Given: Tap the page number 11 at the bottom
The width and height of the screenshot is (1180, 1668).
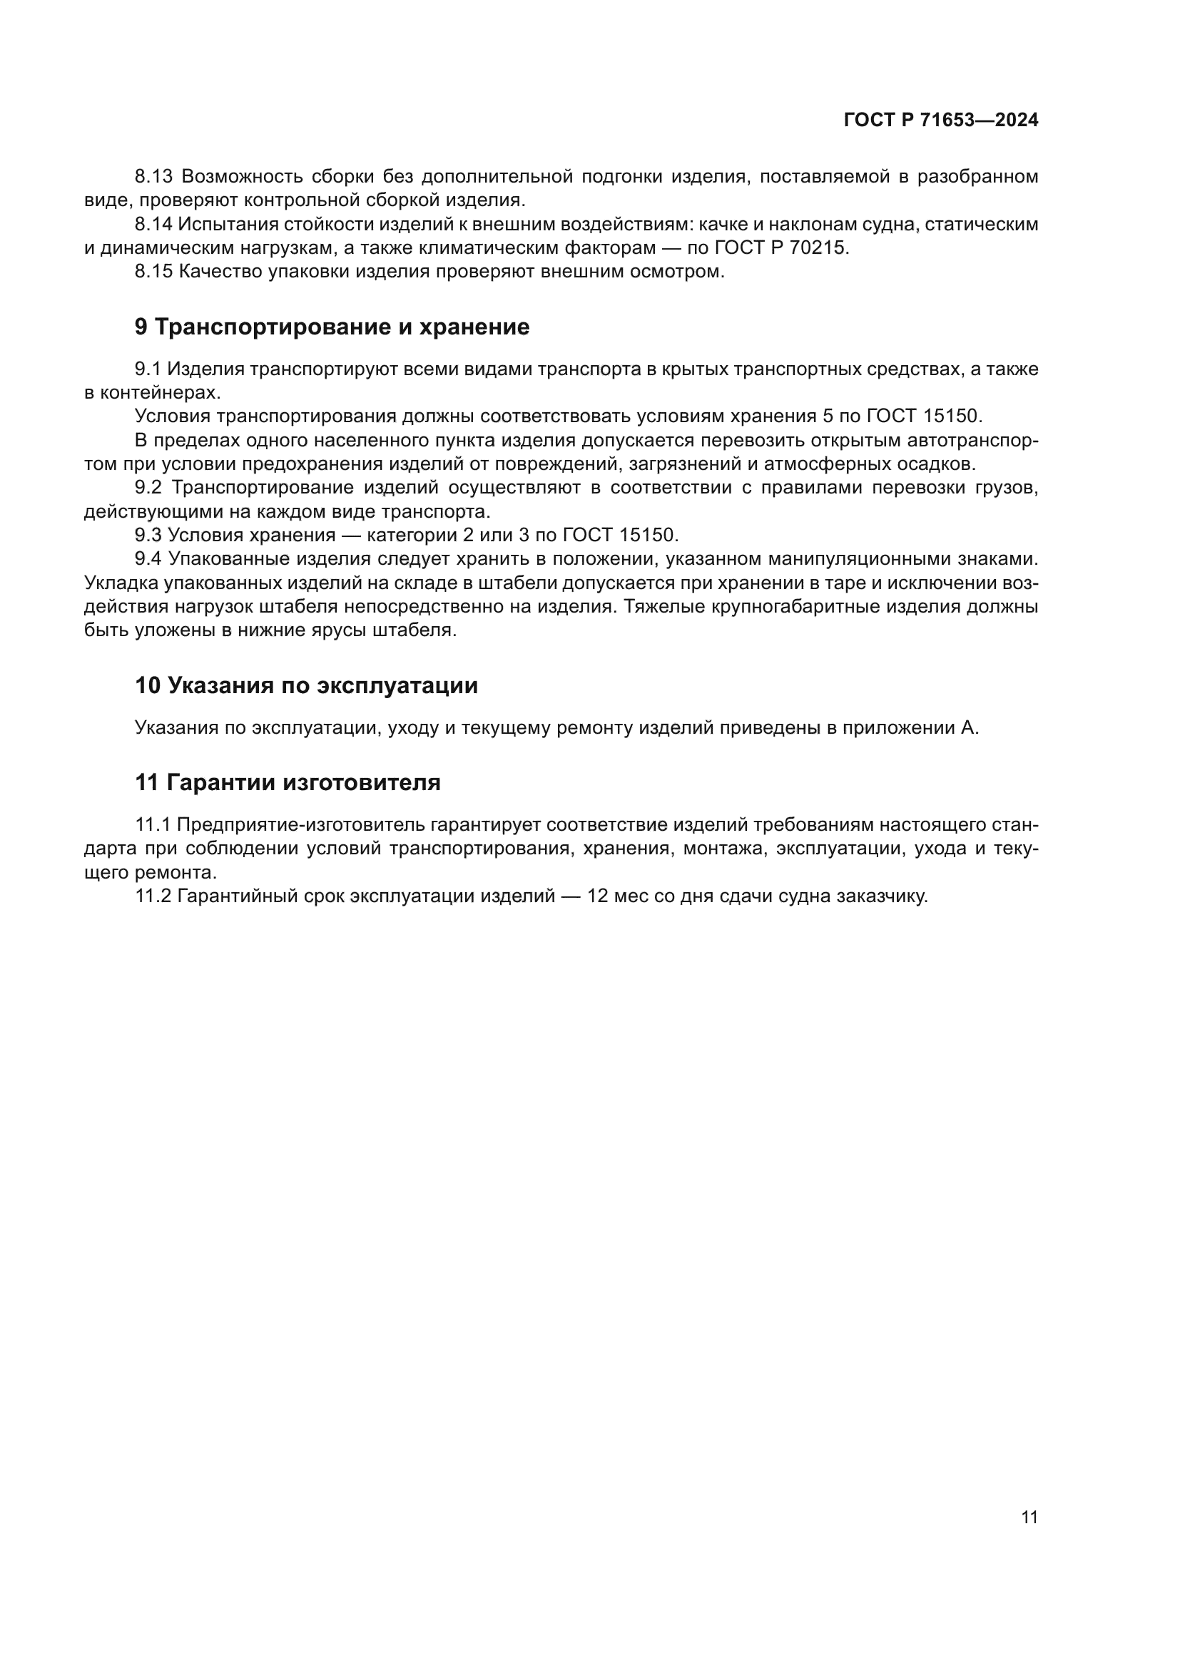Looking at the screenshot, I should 1029,1517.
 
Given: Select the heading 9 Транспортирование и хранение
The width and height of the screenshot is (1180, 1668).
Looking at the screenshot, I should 332,327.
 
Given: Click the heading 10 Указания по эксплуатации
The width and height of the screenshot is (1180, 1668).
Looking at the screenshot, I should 306,685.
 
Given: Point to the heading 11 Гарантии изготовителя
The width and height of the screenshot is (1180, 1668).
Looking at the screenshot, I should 288,782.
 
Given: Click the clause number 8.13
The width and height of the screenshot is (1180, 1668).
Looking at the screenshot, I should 153,177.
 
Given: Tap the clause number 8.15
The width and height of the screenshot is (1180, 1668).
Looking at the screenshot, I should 153,272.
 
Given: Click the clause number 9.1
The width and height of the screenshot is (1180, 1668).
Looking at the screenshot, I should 148,369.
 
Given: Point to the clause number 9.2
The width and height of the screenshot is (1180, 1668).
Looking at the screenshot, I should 148,488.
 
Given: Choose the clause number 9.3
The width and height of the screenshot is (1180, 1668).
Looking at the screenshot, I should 148,536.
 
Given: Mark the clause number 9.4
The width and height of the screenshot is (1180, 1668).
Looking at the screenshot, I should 148,559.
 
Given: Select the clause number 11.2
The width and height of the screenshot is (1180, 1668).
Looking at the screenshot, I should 153,896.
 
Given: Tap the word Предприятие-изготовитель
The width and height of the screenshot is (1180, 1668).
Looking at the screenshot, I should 300,825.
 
